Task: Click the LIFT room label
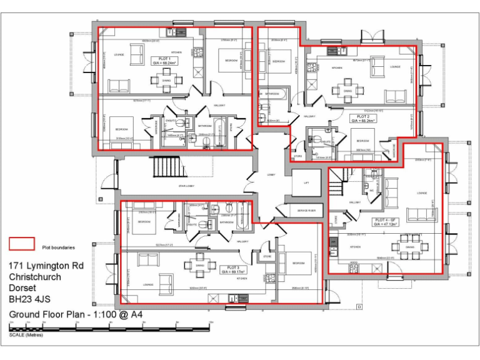(306, 183)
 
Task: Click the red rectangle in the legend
(21, 244)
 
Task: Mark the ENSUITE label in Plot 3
(192, 224)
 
